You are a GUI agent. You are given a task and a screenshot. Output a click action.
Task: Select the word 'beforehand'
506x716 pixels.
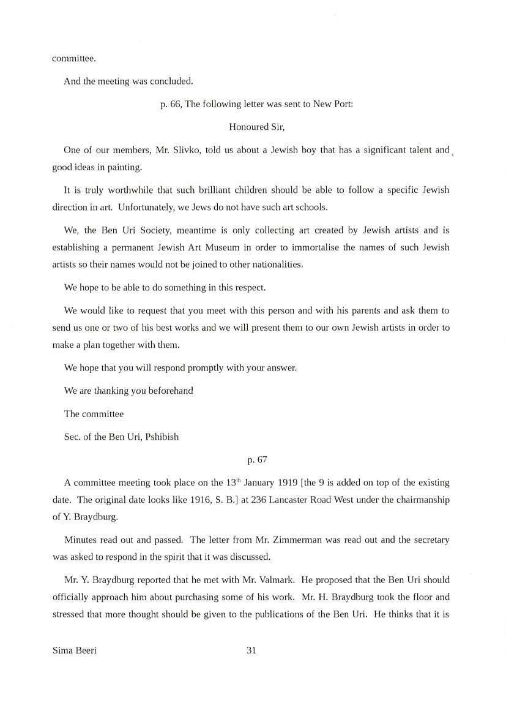tap(171, 391)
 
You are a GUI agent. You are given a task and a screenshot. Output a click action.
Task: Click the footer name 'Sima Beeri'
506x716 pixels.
tap(75, 650)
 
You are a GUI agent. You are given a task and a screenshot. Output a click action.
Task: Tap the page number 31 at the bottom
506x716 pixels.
tap(251, 650)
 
